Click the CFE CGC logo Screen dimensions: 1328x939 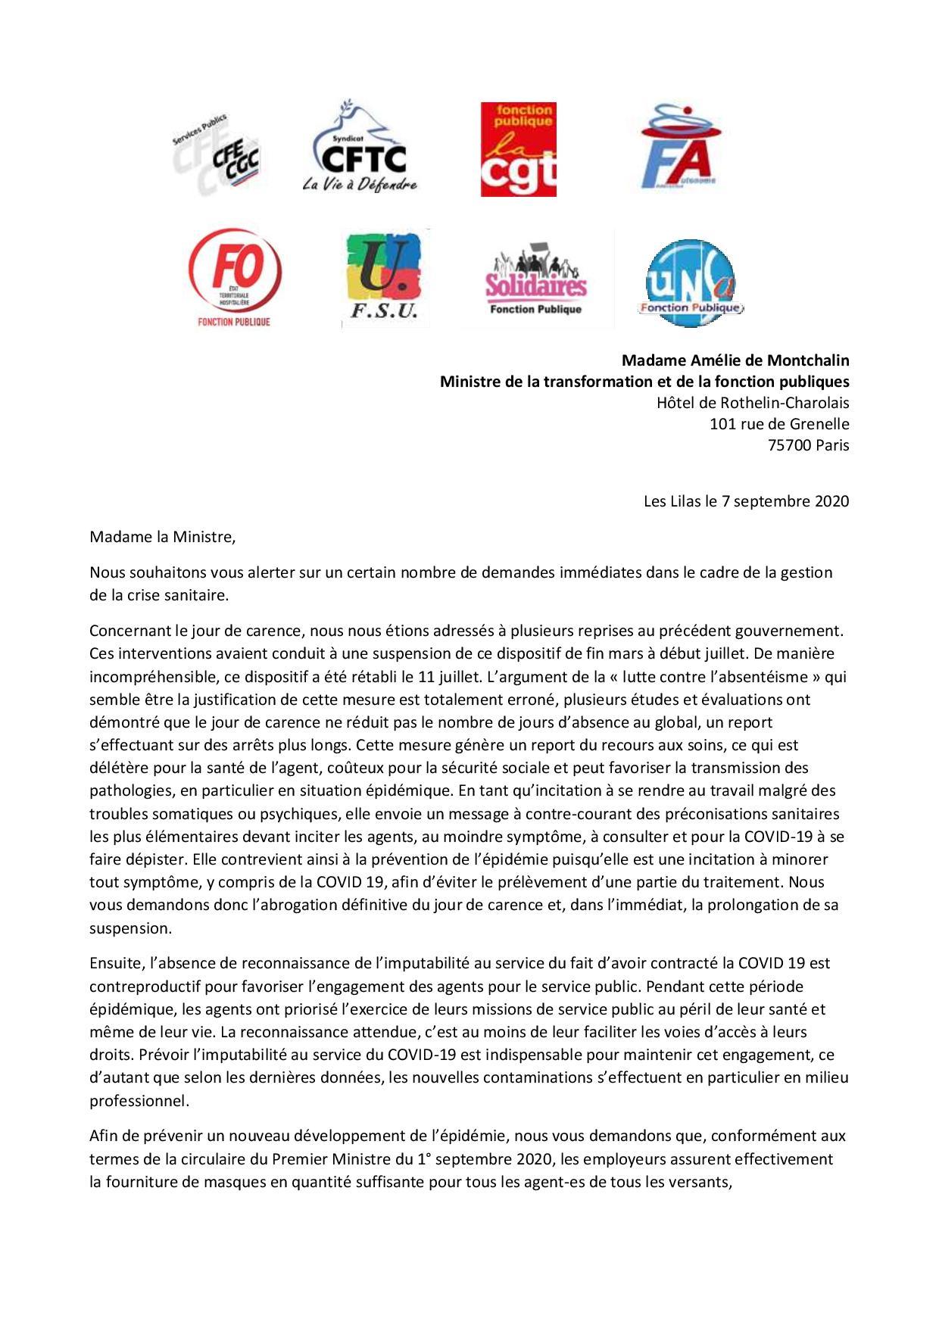(x=217, y=154)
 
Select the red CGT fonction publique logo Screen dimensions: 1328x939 (x=518, y=150)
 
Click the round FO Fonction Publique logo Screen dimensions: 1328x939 (x=235, y=277)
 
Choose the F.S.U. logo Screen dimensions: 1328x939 (x=385, y=277)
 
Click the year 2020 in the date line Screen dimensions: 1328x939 (x=831, y=501)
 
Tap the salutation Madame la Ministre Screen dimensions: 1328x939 (x=162, y=538)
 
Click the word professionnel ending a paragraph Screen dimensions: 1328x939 (x=139, y=1101)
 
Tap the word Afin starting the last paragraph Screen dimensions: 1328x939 (x=104, y=1136)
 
